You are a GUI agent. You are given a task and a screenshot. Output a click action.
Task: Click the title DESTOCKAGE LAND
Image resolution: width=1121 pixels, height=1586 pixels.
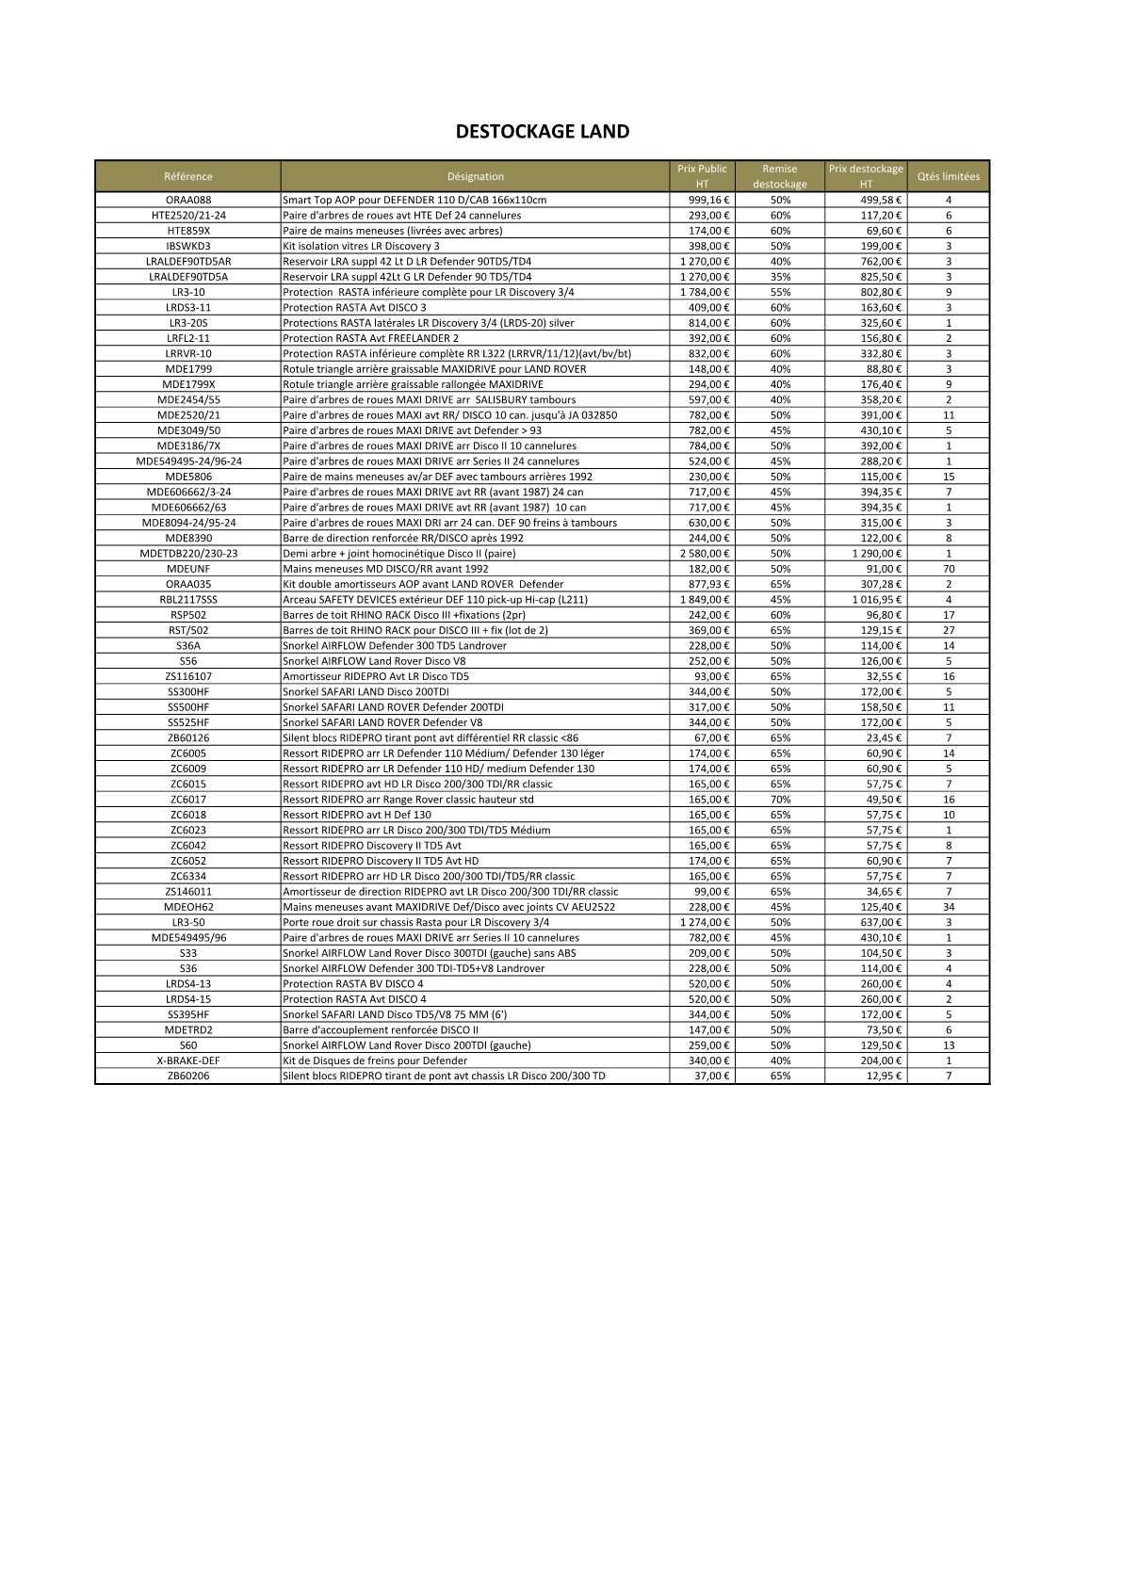click(543, 132)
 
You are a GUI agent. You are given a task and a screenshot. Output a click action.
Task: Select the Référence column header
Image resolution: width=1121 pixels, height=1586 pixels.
click(188, 176)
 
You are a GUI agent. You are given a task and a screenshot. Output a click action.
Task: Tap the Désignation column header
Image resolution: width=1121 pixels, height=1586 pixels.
click(476, 176)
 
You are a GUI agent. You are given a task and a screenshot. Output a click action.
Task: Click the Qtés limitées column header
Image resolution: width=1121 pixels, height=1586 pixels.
click(949, 176)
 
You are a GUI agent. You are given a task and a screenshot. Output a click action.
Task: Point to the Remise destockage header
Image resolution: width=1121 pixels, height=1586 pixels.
click(780, 176)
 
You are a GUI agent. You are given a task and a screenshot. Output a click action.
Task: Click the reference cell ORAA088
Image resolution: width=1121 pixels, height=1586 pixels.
click(188, 200)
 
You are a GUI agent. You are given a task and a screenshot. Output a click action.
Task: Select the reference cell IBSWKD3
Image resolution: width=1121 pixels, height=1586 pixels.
click(188, 246)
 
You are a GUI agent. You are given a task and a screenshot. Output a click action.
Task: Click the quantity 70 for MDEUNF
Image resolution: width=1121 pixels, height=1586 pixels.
click(949, 569)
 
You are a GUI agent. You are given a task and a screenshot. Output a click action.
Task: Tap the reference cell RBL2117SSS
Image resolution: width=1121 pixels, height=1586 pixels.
click(188, 600)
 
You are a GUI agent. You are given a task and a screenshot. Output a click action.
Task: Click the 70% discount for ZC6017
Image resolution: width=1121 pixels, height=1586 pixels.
click(780, 800)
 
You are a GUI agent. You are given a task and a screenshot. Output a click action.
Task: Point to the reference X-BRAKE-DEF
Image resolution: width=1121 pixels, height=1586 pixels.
click(188, 1060)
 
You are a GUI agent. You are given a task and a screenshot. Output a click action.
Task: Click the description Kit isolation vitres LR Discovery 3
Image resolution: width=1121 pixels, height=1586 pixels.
click(361, 246)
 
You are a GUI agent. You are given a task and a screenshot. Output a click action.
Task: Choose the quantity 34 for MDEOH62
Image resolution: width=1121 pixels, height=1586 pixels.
click(949, 907)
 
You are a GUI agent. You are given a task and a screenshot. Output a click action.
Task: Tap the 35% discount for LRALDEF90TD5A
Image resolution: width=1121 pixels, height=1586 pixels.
click(780, 277)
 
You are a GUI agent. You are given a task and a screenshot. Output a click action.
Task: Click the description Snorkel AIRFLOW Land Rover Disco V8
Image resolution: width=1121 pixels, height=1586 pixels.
click(374, 661)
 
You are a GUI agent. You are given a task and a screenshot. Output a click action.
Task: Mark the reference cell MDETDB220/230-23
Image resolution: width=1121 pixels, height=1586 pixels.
click(188, 554)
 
